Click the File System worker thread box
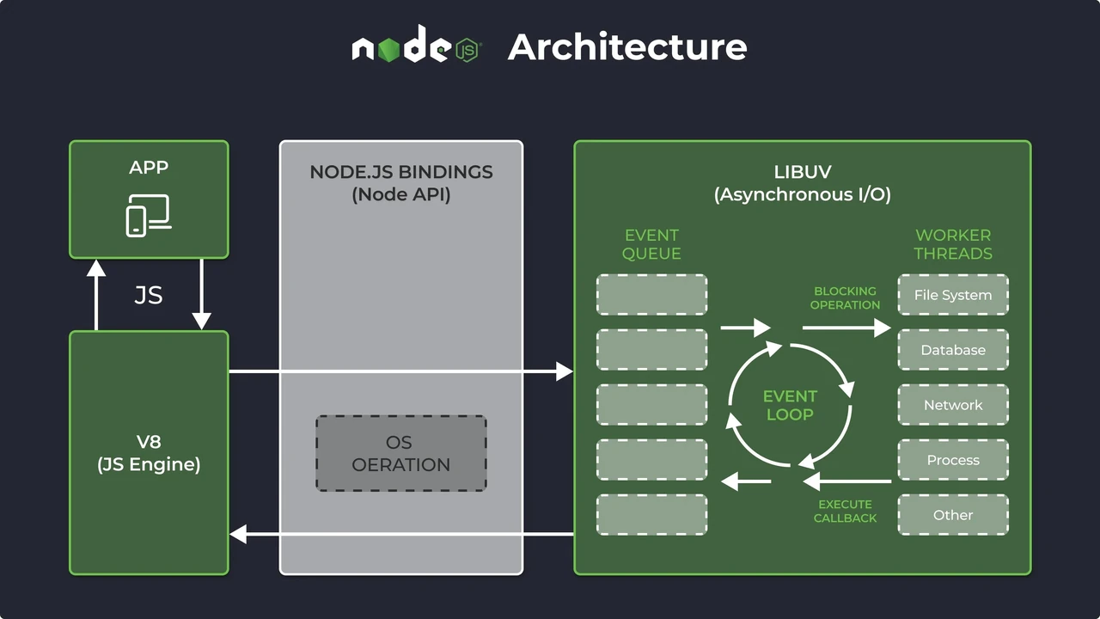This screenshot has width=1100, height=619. (953, 295)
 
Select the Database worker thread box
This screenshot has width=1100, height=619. (953, 350)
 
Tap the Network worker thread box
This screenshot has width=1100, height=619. (953, 405)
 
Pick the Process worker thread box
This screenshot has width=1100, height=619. (953, 460)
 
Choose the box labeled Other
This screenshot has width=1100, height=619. (953, 515)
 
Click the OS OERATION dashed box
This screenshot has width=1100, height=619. (401, 453)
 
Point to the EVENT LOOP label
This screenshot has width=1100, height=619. (790, 405)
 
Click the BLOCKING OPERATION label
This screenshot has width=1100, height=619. (845, 298)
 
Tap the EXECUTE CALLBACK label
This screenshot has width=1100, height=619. (845, 512)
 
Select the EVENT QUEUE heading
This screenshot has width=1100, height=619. (651, 244)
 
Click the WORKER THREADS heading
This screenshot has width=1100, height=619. (953, 244)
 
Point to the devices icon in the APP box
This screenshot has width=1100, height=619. (149, 216)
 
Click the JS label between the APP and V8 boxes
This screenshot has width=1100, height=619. (149, 295)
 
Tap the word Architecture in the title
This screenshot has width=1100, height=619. (627, 47)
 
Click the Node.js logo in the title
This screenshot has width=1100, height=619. (417, 44)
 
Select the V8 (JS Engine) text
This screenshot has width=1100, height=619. (149, 453)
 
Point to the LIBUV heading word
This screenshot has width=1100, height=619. (803, 172)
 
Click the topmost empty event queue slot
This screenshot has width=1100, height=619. (651, 295)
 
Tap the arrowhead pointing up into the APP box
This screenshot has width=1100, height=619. (96, 267)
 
